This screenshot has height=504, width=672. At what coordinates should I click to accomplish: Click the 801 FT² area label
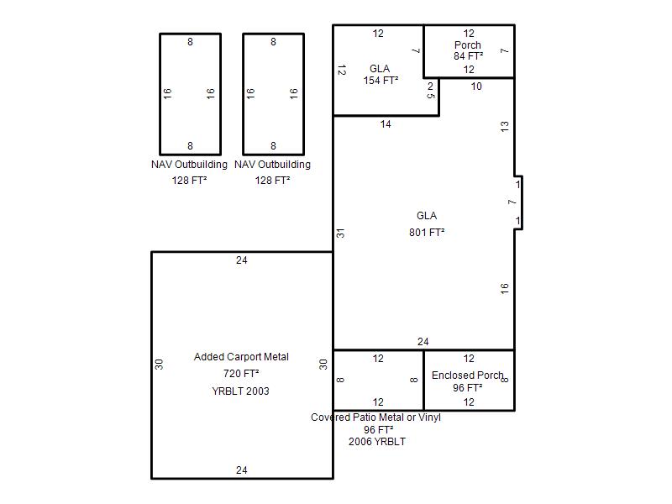click(x=427, y=233)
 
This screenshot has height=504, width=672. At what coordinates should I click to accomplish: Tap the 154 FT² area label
click(x=381, y=80)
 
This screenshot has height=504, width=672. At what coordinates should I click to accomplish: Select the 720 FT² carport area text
click(x=241, y=373)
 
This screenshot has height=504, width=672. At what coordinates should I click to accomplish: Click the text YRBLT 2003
click(x=240, y=391)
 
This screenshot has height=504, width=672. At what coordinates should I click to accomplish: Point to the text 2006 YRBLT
click(x=376, y=442)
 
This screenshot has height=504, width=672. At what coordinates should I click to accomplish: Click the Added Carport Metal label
click(x=241, y=356)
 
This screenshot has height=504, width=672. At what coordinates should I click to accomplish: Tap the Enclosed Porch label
click(x=467, y=375)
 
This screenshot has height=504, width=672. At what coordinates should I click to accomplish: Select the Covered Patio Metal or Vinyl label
click(x=375, y=417)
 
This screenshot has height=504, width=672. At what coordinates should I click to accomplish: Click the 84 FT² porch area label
click(x=469, y=55)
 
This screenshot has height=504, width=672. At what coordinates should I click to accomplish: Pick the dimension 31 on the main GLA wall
click(x=340, y=234)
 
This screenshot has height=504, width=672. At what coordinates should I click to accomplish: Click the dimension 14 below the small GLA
click(x=386, y=124)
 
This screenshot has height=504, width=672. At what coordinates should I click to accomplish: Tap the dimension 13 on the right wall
click(x=505, y=126)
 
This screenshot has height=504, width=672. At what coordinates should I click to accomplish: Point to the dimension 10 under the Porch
click(x=476, y=87)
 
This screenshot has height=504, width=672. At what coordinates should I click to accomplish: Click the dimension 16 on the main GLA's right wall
click(x=505, y=288)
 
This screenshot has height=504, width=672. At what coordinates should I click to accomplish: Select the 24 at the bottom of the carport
click(x=241, y=470)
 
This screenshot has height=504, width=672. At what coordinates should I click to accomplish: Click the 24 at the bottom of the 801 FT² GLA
click(x=423, y=342)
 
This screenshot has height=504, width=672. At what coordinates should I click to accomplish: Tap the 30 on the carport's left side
click(x=159, y=365)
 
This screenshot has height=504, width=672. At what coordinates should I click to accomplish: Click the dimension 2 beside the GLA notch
click(x=430, y=87)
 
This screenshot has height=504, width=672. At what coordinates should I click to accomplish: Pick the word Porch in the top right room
click(x=468, y=45)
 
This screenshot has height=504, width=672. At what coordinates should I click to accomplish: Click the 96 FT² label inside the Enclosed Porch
click(x=468, y=387)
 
